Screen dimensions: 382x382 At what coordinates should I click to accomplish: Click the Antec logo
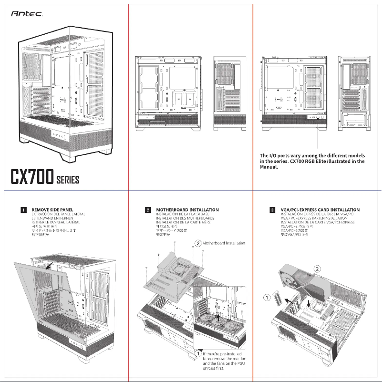click(27, 14)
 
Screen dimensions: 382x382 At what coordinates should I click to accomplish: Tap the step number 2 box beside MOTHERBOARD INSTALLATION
click(148, 210)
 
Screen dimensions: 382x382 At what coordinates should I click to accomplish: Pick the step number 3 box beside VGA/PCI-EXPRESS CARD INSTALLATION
click(272, 210)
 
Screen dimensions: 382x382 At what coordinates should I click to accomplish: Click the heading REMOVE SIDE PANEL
click(52, 210)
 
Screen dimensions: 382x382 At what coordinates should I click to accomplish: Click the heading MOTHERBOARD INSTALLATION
click(187, 210)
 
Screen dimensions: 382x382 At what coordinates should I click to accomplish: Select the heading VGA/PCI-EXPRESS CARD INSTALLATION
click(320, 210)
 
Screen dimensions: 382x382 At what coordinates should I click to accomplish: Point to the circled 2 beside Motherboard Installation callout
click(198, 243)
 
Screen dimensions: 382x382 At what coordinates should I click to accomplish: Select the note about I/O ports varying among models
click(312, 161)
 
